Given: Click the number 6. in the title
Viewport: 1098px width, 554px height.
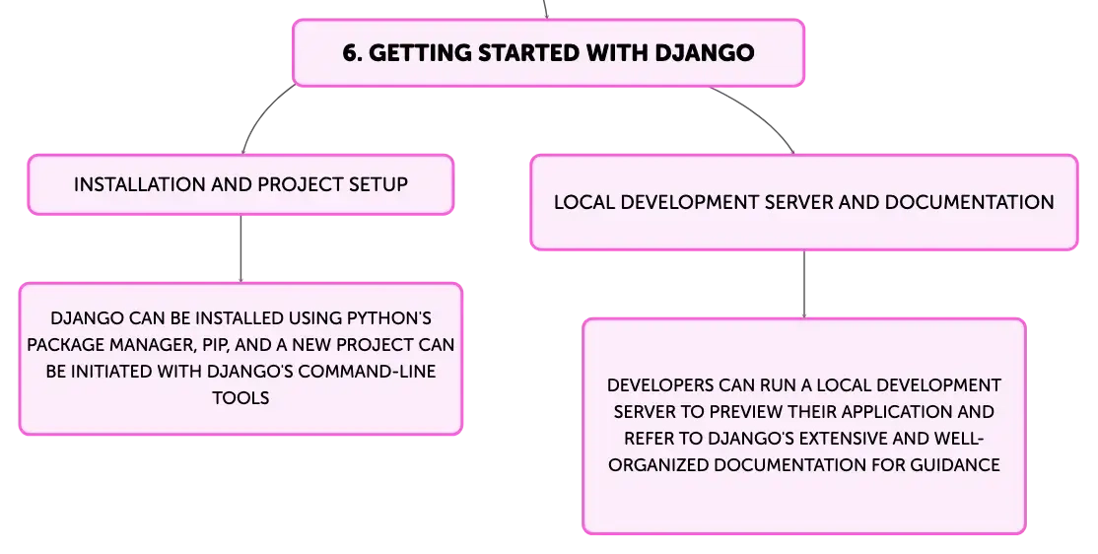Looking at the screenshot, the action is pyautogui.click(x=352, y=52).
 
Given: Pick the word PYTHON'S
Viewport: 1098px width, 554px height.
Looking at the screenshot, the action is pyautogui.click(x=389, y=318).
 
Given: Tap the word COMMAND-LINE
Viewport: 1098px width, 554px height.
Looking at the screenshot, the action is pyautogui.click(x=367, y=372).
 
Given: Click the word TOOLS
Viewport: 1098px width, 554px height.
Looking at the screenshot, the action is pyautogui.click(x=240, y=398).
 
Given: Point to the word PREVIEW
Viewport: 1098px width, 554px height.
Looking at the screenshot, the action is pyautogui.click(x=747, y=412).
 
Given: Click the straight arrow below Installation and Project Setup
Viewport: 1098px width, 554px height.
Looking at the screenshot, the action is pyautogui.click(x=240, y=248).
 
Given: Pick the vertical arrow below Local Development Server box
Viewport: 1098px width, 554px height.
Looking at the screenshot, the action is pyautogui.click(x=804, y=284).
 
